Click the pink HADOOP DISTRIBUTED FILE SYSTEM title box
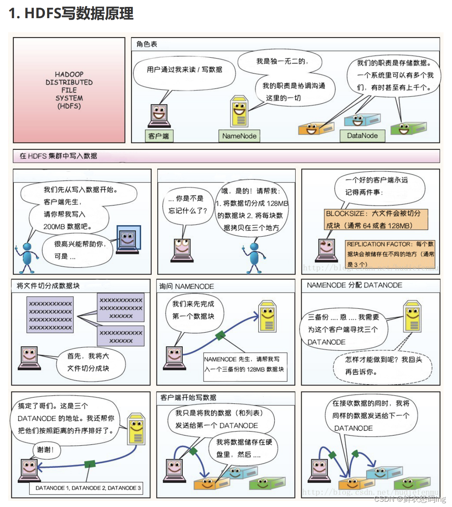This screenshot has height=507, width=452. click(69, 90)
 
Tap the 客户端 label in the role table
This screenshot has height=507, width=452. click(159, 136)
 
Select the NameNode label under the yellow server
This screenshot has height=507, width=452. click(239, 136)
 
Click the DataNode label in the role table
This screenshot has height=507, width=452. click(362, 136)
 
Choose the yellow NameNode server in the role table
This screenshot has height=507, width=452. click(239, 112)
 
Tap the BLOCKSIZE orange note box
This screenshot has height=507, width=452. click(375, 219)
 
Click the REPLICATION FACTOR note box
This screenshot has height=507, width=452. click(390, 254)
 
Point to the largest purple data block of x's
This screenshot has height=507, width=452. click(50, 315)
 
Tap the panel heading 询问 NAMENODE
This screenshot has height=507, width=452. click(187, 286)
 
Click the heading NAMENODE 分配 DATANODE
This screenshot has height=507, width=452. click(354, 285)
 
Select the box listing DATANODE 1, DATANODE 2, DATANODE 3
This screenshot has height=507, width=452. click(87, 488)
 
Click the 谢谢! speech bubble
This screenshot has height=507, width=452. click(45, 450)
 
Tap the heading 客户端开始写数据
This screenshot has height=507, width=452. click(188, 398)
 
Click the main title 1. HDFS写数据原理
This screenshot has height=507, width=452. click(71, 13)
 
